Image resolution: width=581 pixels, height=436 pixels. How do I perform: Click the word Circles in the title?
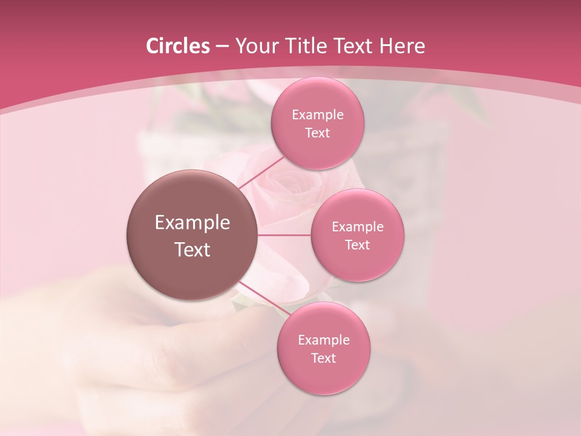point(177,46)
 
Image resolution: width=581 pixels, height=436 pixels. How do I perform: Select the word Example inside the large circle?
point(192,223)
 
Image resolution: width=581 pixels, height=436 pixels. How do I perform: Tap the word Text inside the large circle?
point(192,249)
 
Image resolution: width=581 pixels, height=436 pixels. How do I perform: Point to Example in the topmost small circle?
point(317,115)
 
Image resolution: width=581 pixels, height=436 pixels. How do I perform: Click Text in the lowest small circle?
point(323,358)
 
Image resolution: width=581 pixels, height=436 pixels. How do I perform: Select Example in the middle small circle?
point(357,227)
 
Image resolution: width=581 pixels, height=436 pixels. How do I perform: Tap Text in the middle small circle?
point(357,245)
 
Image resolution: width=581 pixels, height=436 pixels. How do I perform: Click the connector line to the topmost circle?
point(260,173)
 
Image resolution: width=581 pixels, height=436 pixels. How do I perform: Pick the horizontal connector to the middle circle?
point(284,234)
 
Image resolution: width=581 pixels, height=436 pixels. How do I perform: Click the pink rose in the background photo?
point(284,194)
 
